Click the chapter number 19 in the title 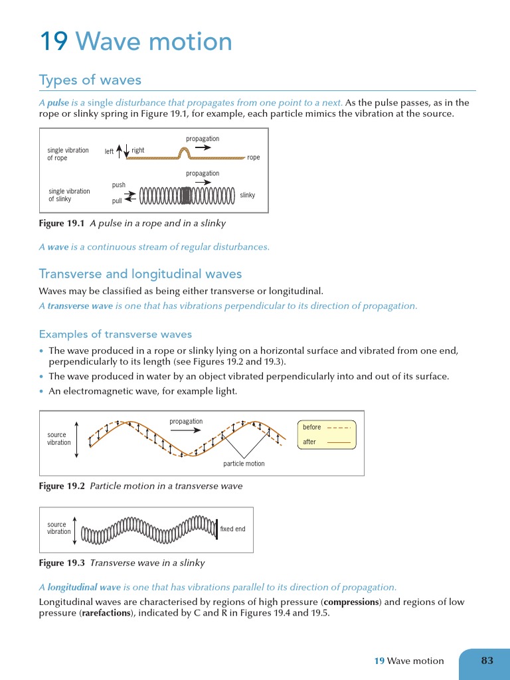[x=54, y=42]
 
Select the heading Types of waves [x=90, y=80]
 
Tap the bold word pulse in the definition [x=58, y=102]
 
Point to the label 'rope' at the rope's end [x=253, y=158]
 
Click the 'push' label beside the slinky [x=118, y=185]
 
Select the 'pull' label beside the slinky [x=117, y=201]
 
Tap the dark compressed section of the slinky [x=186, y=195]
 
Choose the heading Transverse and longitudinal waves [x=140, y=274]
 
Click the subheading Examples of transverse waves [x=115, y=334]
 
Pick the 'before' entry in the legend [x=311, y=427]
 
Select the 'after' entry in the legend [x=309, y=442]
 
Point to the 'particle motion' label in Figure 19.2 [x=244, y=464]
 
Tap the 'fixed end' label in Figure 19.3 [x=232, y=529]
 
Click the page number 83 [x=487, y=660]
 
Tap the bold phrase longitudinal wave [x=84, y=587]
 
